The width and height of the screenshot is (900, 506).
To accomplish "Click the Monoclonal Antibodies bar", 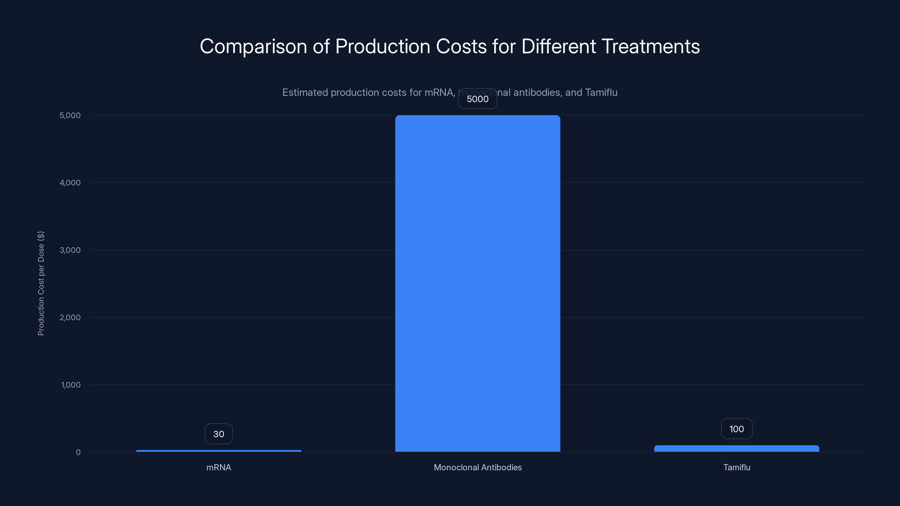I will tap(478, 283).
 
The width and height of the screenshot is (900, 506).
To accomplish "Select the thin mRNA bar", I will tap(219, 451).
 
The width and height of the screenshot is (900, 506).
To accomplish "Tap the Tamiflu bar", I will tap(737, 448).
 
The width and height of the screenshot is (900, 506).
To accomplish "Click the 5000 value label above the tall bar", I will tap(478, 99).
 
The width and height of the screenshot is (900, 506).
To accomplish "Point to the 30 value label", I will tap(219, 434).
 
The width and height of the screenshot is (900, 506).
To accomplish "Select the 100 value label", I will tap(737, 429).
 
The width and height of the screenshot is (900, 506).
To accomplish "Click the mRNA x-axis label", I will tap(219, 467).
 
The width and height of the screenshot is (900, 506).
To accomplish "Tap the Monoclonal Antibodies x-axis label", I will tap(478, 467).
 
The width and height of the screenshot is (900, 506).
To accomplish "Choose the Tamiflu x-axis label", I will tap(737, 467).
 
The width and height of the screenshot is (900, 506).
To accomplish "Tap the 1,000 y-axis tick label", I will tap(71, 385).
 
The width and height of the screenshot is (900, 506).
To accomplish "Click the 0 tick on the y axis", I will tap(78, 452).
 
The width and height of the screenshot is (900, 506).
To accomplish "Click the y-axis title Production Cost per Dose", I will tap(41, 283).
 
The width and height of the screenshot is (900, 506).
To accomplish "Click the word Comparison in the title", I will tap(253, 46).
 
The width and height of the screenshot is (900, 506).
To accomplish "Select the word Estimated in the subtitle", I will tap(305, 92).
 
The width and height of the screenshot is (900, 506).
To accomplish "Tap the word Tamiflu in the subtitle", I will tap(601, 92).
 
